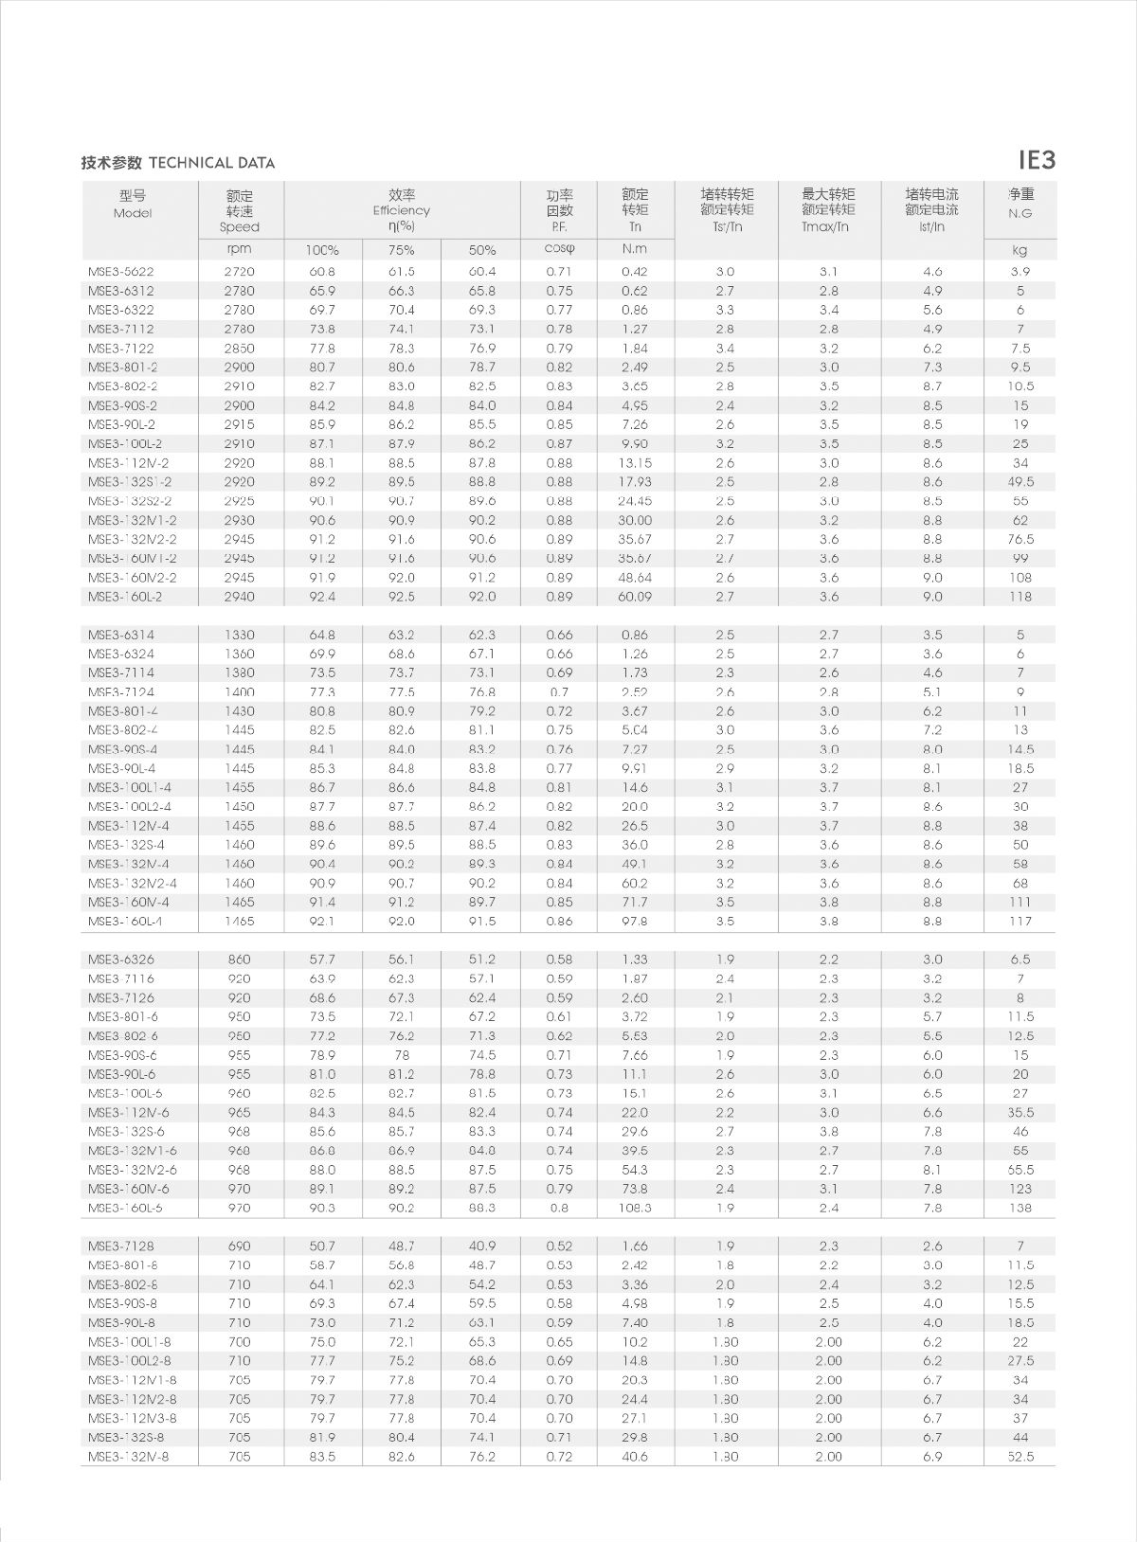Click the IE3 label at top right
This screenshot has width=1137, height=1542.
(x=1036, y=160)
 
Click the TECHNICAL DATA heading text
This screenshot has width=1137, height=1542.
(x=211, y=163)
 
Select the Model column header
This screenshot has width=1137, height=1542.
(x=133, y=205)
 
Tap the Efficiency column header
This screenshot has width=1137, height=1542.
(x=401, y=210)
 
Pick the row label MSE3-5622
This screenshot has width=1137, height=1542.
(x=121, y=272)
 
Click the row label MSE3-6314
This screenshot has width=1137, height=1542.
(x=121, y=635)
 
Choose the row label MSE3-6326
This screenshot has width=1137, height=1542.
(x=121, y=959)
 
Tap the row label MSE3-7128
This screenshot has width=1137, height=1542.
(x=121, y=1246)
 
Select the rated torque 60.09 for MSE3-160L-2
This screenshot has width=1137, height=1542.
(x=635, y=597)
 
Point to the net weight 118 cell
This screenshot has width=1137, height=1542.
(x=1020, y=597)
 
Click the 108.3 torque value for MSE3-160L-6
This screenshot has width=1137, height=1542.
(x=635, y=1208)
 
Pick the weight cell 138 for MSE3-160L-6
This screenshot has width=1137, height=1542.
(x=1020, y=1208)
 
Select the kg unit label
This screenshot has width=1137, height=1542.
(x=1020, y=250)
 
